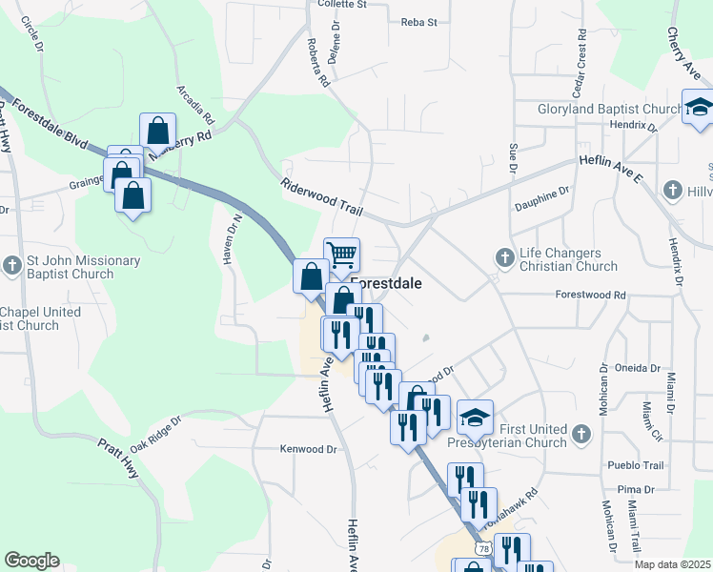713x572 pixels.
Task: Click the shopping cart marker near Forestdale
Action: [x=342, y=255]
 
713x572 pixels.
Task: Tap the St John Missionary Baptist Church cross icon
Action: [x=12, y=264]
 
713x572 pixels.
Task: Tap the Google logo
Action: [x=32, y=561]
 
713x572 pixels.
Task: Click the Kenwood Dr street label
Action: [x=309, y=448]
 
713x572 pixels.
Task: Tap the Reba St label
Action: [x=418, y=21]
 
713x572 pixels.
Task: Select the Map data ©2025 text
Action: [x=671, y=564]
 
